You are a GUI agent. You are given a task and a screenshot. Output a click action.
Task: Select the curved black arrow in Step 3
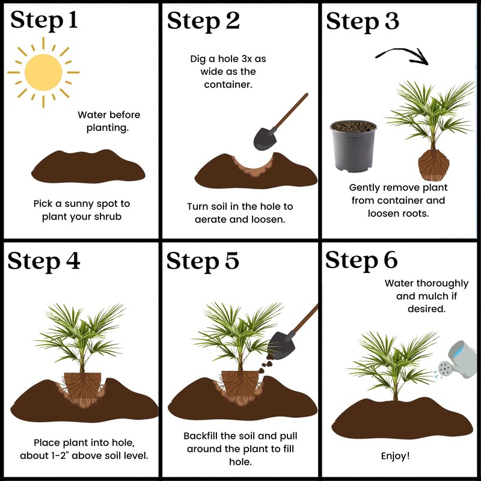tap(403, 55)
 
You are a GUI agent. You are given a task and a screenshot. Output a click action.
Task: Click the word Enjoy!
tap(396, 456)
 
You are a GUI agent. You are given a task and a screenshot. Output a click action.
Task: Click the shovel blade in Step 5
tap(280, 344)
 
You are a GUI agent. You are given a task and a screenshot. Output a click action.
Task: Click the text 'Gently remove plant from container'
tap(397, 194)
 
